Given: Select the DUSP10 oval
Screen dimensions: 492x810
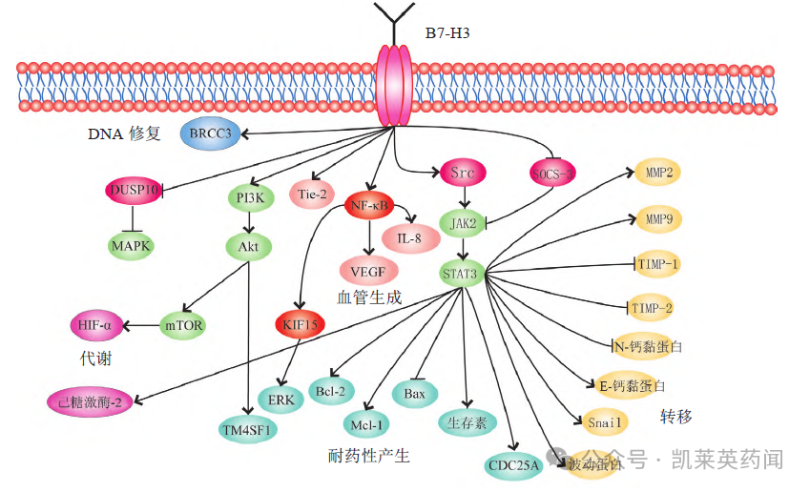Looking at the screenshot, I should click(x=134, y=190).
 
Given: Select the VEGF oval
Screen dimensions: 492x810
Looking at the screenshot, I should click(x=368, y=271).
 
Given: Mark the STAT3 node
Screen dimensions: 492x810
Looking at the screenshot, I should click(x=464, y=274).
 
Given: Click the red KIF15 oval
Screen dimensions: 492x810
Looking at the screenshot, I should click(x=301, y=324).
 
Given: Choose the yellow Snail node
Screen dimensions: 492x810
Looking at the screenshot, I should click(x=604, y=420).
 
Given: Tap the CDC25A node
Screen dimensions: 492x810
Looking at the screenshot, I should click(x=513, y=465).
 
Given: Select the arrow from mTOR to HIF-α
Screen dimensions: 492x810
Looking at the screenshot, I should click(x=141, y=325).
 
